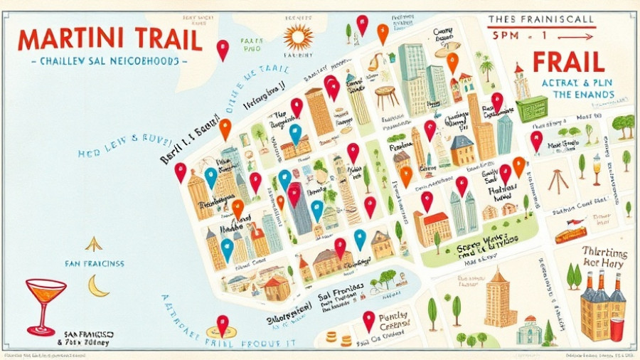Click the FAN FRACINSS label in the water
pyautogui.click(x=93, y=263)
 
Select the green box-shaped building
pyautogui.click(x=532, y=108)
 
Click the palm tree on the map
pyautogui.click(x=487, y=69)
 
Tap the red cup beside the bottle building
pyautogui.click(x=617, y=329)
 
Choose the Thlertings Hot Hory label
pyautogui.click(x=603, y=257)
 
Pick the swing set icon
pyautogui.click(x=558, y=181)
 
